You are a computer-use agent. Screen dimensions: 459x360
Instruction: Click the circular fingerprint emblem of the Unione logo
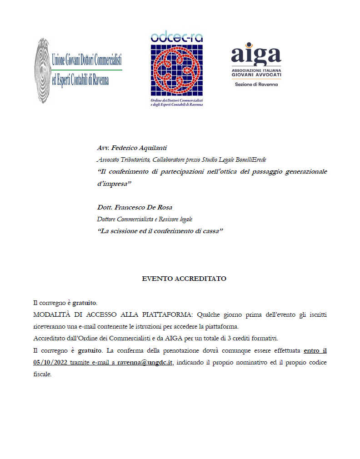(42, 71)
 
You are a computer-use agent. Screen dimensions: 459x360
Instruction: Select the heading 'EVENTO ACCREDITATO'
(184, 279)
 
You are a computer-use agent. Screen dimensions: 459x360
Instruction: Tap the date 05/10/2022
(51, 363)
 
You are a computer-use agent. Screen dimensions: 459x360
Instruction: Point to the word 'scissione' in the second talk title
(122, 231)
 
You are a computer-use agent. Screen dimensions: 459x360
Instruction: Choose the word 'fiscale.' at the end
(42, 374)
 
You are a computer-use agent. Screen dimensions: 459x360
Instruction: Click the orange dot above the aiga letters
(248, 45)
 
